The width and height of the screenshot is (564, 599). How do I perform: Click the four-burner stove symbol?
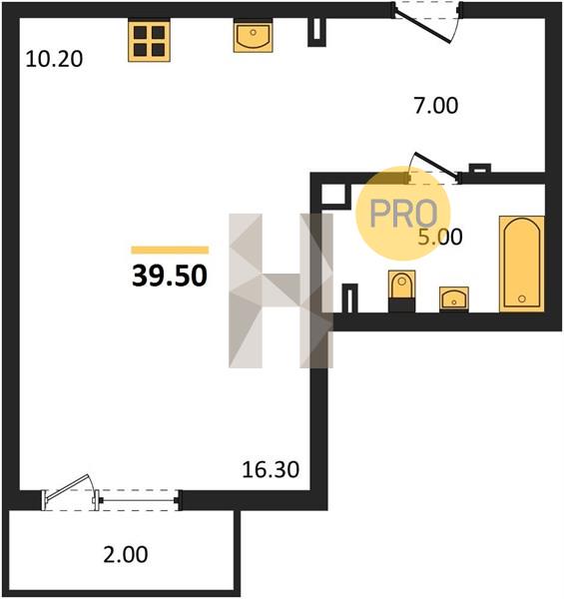pyautogui.click(x=149, y=41)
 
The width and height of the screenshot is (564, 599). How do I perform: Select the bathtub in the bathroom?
pyautogui.click(x=522, y=264)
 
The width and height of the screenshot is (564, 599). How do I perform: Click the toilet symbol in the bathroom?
pyautogui.click(x=401, y=292)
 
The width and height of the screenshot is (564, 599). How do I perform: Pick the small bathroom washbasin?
pyautogui.click(x=453, y=299)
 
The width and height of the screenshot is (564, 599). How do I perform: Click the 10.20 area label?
pyautogui.click(x=54, y=60)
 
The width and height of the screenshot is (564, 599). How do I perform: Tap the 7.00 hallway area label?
pyautogui.click(x=436, y=106)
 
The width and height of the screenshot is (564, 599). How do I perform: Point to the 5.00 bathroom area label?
pyautogui.click(x=440, y=237)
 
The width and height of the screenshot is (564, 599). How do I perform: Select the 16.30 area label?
pyautogui.click(x=271, y=469)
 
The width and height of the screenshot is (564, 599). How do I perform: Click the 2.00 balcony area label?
pyautogui.click(x=125, y=555)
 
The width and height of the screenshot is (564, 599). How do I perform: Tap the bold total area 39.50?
pyautogui.click(x=170, y=276)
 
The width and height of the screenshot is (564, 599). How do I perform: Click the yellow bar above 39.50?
pyautogui.click(x=170, y=251)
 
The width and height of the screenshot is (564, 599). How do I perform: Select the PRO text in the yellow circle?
pyautogui.click(x=403, y=214)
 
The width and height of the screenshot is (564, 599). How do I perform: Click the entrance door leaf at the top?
pyautogui.click(x=422, y=27)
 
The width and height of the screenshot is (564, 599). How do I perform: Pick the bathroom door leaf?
pyautogui.click(x=435, y=166)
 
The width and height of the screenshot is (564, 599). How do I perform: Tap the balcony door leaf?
pyautogui.click(x=67, y=486)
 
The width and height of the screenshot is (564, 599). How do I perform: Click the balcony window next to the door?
pyautogui.click(x=138, y=500)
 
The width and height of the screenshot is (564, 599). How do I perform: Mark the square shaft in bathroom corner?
pyautogui.click(x=336, y=197)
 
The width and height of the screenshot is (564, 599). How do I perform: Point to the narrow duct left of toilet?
pyautogui.click(x=349, y=299)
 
